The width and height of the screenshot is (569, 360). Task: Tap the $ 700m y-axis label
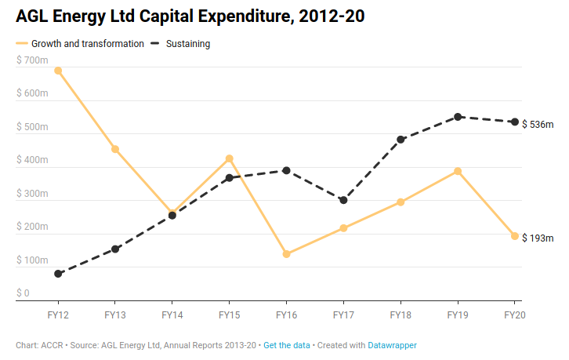32,60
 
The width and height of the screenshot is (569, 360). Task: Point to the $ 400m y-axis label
32,160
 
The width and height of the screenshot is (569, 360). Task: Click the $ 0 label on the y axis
23,293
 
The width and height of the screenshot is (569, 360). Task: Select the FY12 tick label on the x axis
58,315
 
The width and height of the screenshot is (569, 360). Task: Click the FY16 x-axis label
286,315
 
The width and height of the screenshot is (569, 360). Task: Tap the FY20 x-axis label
514,315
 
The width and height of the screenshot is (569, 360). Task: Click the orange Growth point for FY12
58,71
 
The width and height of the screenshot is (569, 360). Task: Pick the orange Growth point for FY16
286,254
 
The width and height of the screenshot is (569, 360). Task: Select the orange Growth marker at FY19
458,171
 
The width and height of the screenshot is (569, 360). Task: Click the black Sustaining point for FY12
58,274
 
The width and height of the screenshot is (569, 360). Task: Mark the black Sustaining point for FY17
343,200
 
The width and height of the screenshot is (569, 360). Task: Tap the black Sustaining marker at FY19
458,117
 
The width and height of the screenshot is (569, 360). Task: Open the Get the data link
287,345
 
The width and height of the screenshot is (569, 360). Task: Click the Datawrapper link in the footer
393,345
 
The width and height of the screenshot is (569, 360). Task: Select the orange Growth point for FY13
115,149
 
